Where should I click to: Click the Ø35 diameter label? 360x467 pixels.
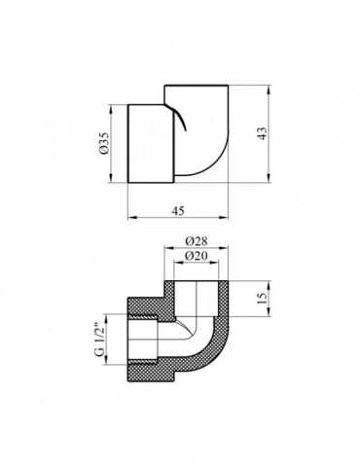click(x=104, y=144)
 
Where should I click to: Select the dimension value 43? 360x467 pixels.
click(x=264, y=132)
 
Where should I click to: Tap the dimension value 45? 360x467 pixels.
click(x=178, y=211)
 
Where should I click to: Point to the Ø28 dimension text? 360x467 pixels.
click(x=197, y=241)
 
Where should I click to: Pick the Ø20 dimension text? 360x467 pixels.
click(x=197, y=256)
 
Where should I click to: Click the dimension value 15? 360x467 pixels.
click(x=263, y=298)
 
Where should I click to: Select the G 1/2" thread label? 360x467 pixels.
click(x=99, y=340)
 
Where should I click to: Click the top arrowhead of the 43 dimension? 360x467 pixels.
click(x=269, y=90)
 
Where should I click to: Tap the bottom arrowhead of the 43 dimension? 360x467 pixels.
click(x=269, y=178)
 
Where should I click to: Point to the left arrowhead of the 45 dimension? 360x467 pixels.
click(x=132, y=217)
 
